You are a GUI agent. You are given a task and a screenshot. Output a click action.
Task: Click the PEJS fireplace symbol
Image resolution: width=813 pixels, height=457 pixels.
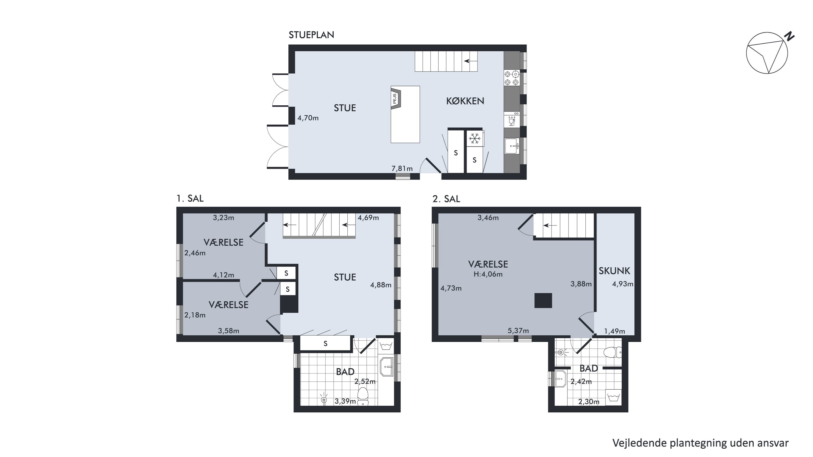pos(395,99)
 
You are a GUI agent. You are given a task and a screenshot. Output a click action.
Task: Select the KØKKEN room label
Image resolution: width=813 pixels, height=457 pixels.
pos(465,101)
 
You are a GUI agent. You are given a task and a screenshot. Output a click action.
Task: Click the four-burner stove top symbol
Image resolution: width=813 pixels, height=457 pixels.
pos(512,78)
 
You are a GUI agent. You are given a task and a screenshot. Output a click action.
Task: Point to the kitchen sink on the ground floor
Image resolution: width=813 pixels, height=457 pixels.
pos(512,146)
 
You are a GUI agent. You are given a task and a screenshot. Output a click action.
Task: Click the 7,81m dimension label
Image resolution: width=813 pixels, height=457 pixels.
pos(402,168)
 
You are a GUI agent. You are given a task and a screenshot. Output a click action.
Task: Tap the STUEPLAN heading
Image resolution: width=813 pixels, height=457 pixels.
pos(311,35)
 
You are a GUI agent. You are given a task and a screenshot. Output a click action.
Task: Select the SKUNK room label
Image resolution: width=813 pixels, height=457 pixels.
pos(614,271)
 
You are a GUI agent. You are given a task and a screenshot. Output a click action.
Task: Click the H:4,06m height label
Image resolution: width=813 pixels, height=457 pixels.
pos(488,274)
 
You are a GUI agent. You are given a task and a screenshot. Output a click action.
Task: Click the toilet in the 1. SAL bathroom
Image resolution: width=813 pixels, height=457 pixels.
pos(363,396)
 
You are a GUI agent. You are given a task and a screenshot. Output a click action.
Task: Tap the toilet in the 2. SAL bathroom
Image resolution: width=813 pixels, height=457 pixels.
pos(612,352)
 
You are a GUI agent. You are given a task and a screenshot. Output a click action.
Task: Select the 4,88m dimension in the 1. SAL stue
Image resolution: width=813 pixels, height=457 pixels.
pos(381,285)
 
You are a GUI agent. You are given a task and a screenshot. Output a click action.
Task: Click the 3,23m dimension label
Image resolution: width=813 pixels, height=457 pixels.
pos(224,217)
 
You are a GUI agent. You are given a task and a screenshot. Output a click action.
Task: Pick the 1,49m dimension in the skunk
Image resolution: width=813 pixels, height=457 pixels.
pos(614,331)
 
